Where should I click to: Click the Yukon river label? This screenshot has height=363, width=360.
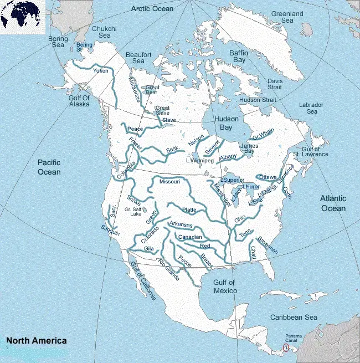coord(101,71)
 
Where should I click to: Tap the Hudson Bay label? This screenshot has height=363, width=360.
coord(226,123)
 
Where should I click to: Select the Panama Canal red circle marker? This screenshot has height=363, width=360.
coord(286,348)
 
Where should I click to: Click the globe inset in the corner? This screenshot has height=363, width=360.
coord(22,17)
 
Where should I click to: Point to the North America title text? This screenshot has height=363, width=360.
coord(36,341)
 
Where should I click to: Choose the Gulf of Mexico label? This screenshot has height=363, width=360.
coord(225,287)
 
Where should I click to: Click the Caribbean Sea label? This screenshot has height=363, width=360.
coord(293,318)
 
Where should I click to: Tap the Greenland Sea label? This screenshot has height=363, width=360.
coord(287,17)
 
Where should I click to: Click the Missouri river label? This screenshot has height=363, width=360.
coord(170,182)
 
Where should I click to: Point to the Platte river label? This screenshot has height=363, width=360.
coord(189,210)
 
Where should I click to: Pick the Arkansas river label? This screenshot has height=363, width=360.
coord(181,224)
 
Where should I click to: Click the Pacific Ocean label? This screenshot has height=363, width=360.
coord(49,167)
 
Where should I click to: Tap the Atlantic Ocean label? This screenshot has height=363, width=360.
coord(333,203)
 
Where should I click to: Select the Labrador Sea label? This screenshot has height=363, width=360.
coord(311,108)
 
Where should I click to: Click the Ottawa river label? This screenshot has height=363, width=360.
coord(268,177)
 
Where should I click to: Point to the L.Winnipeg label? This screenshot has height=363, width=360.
coord(200,161)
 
